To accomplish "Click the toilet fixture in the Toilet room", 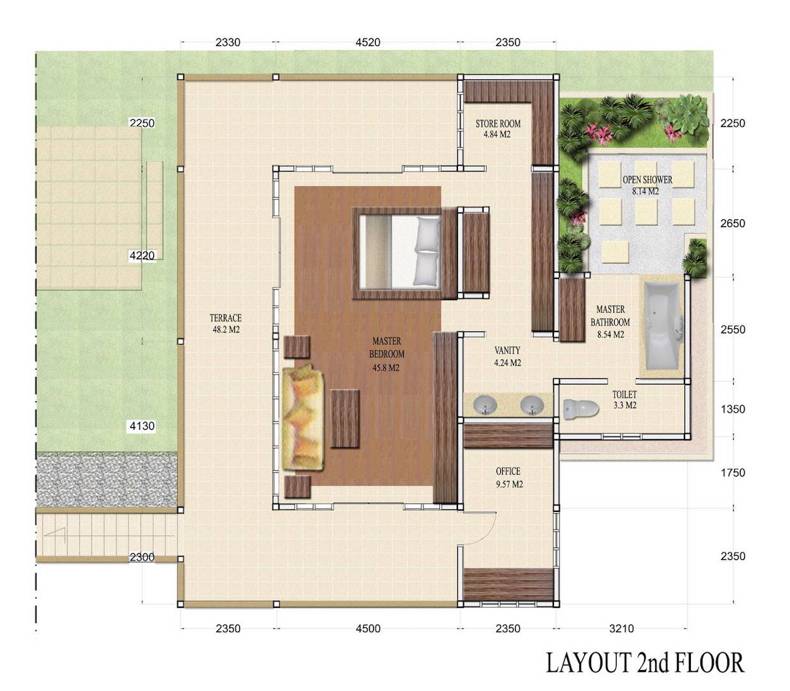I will pos(579,406).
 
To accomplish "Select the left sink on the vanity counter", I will pos(486,405).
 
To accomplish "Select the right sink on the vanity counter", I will pos(532,405).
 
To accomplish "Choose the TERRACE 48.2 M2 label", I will pos(225,323).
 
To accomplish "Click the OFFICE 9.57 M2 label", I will pos(509,477).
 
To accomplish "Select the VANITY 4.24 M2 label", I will pos(507,356).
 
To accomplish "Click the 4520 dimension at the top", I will pos(367,43).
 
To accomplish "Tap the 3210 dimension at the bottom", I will pos(620,628).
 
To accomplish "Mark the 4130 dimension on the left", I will pos(142,426).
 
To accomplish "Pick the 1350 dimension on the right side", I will pos(732,409).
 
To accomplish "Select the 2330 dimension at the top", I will pos(228,43).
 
